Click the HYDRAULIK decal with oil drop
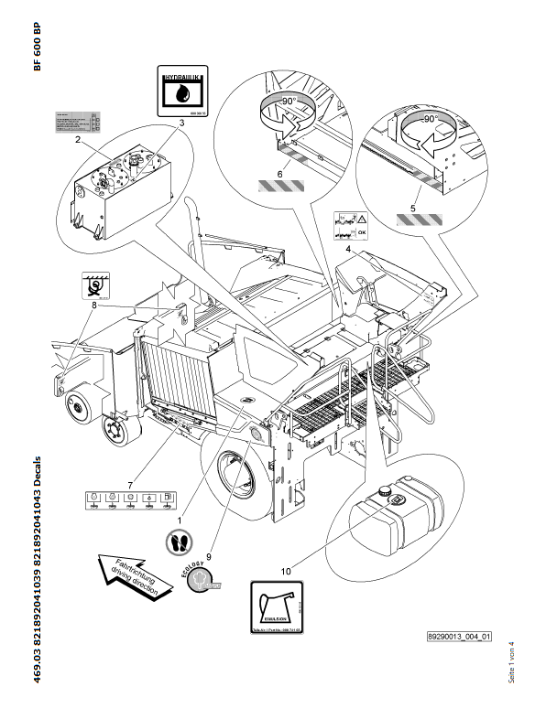coord(181,88)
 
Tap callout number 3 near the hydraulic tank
coord(181,122)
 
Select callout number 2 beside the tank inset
coord(79,141)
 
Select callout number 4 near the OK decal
coord(348,248)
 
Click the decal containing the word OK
coord(350,222)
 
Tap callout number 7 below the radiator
coord(130,482)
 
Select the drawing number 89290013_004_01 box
coord(459,637)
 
